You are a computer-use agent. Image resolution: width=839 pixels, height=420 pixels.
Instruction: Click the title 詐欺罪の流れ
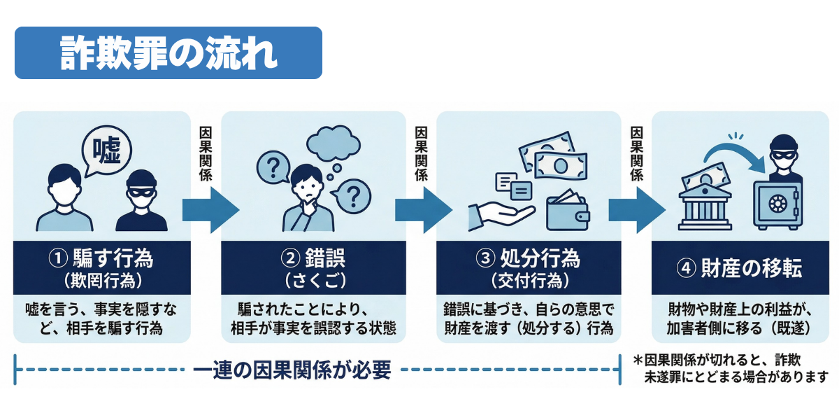click(168, 53)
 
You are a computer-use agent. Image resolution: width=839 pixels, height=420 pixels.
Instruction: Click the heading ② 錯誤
click(313, 259)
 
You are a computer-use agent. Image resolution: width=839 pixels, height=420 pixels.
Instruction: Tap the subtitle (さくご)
click(313, 281)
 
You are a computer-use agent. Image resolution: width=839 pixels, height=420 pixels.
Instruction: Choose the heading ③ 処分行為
click(529, 259)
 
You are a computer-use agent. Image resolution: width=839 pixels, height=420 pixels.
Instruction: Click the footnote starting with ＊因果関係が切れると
click(727, 369)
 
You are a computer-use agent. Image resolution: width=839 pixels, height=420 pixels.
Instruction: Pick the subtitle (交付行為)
click(529, 281)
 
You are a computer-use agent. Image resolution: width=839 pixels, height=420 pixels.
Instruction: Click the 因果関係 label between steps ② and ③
click(421, 154)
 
